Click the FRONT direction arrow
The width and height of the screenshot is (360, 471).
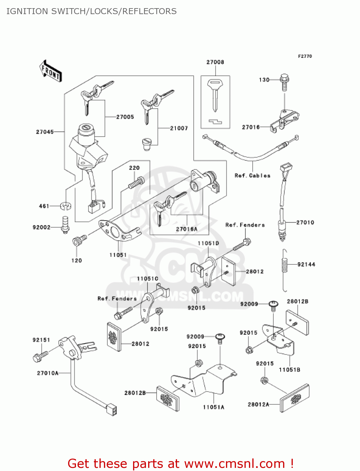51,71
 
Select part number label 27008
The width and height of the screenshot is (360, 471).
215,62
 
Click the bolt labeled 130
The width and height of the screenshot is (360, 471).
284,82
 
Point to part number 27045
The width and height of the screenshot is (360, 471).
45,132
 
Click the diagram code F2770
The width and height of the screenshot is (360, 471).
305,56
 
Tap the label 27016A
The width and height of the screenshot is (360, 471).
186,229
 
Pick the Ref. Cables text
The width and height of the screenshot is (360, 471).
252,176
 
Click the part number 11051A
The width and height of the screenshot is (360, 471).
213,407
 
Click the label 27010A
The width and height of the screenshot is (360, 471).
48,373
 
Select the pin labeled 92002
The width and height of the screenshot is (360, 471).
65,224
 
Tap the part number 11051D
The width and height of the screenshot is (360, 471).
208,243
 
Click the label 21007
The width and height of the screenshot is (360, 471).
179,128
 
